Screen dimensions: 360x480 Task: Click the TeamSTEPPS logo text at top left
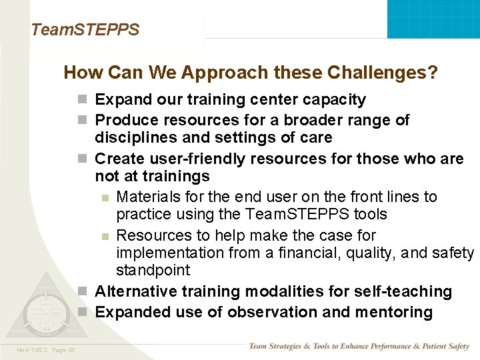pyautogui.click(x=85, y=30)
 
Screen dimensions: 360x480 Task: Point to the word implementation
pyautogui.click(x=169, y=253)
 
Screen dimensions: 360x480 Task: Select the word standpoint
pyautogui.click(x=153, y=270)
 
